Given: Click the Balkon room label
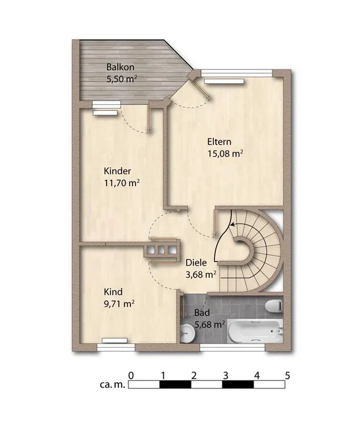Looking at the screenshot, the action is tap(120, 67).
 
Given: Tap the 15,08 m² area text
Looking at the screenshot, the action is tap(225, 154).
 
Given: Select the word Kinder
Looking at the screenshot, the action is tap(118, 171).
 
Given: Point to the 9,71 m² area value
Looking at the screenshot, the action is tap(120, 304).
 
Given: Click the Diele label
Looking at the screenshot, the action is tap(196, 263).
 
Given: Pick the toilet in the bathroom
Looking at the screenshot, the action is tap(274, 306).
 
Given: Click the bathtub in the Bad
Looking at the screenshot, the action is tap(255, 332).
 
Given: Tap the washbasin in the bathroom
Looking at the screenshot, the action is tap(187, 333).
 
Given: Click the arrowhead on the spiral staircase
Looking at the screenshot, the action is tap(232, 224).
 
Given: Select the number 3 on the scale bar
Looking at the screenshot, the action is tap(225, 375).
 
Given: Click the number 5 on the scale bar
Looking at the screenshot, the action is tap(287, 375).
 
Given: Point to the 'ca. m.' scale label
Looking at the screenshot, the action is tap(112, 384).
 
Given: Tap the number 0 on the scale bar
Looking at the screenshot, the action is tap(131, 375).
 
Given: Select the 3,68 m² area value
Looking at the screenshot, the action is tap(201, 274).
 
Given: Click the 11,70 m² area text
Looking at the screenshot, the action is tap(121, 183).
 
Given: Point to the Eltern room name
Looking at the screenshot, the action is tap(219, 142).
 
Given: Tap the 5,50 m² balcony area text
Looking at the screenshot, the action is tap(122, 79).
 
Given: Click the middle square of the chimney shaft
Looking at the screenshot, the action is tap(161, 250).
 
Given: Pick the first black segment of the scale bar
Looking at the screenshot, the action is tap(175, 384).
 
